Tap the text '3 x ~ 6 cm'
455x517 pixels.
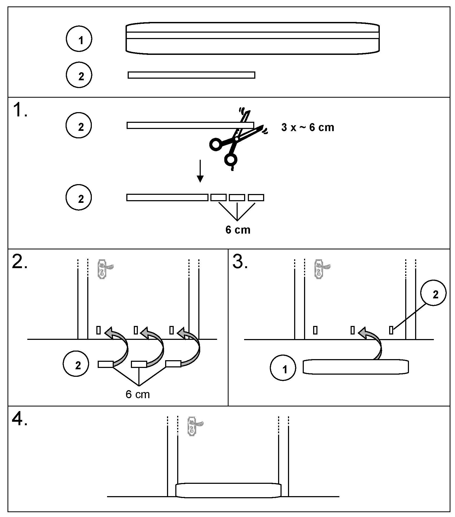coord(308,127)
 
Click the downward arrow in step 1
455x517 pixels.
coord(200,171)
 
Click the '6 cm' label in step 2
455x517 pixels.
coord(138,394)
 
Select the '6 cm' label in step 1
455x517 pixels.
coord(238,230)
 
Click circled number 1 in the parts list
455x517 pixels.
coord(79,39)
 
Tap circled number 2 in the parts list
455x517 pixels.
coord(79,75)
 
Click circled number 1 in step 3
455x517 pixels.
coord(283,368)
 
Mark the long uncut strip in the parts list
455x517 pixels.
coord(191,75)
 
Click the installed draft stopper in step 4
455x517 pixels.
coord(228,490)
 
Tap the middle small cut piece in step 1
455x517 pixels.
coord(237,197)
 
